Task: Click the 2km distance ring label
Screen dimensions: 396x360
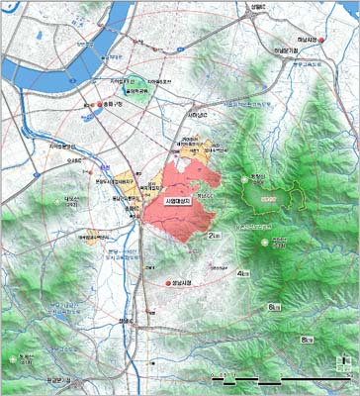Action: [215, 236]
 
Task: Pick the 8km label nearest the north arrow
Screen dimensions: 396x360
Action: [308, 339]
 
